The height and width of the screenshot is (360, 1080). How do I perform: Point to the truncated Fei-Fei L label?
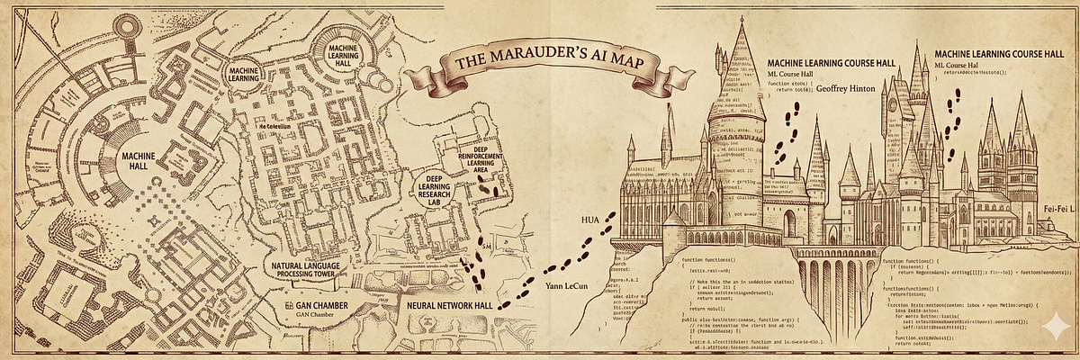tap(1060, 210)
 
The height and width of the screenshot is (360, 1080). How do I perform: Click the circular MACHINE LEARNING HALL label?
tap(339, 50)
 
